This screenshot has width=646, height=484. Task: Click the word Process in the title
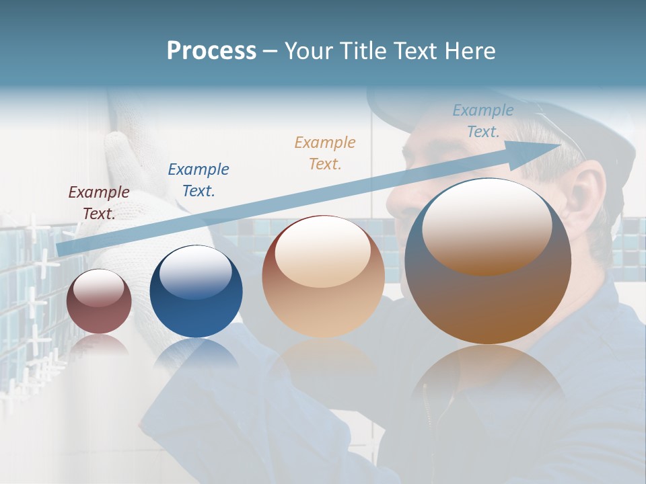click(211, 51)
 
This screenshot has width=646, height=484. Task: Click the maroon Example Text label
click(99, 202)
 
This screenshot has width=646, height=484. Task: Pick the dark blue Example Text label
click(199, 179)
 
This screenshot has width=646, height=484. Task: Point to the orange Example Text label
click(325, 153)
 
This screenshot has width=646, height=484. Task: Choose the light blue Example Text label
click(482, 121)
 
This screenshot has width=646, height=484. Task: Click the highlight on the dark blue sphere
click(195, 272)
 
